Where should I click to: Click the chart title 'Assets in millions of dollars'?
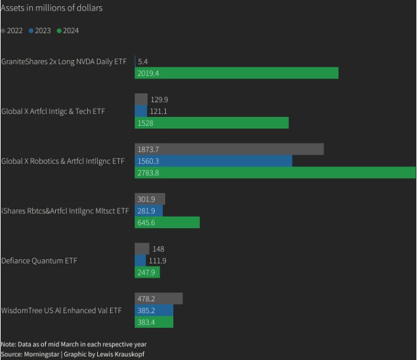(x=52, y=8)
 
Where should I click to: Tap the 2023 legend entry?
(x=40, y=30)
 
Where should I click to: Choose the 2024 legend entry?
(x=67, y=30)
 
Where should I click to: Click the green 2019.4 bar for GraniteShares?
(x=236, y=73)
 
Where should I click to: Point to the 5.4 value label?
(x=143, y=61)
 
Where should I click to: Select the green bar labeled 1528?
(x=212, y=123)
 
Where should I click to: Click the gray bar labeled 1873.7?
(x=229, y=149)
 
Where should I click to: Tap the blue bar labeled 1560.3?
(x=213, y=161)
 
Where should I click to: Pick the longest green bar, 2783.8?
(x=275, y=173)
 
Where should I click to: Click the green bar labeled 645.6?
(x=167, y=223)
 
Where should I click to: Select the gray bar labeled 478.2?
(x=158, y=299)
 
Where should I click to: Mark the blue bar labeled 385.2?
(x=154, y=311)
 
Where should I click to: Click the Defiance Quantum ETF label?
(x=38, y=260)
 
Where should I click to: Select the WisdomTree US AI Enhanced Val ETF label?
(x=61, y=311)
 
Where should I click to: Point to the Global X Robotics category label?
(x=62, y=161)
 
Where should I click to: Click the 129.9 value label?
(x=160, y=100)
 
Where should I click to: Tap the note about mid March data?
(x=74, y=344)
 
